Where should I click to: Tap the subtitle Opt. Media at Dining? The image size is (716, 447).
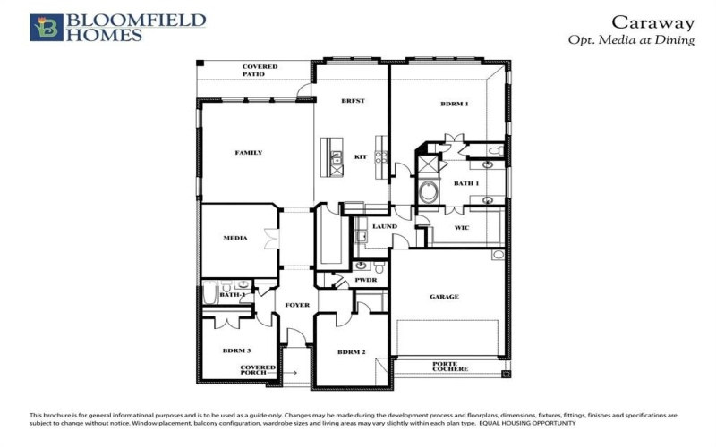coord(632,40)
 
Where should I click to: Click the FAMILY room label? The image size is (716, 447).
coord(249,153)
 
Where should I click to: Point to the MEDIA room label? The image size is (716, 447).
coord(235,239)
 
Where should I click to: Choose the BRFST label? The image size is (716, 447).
coord(352,103)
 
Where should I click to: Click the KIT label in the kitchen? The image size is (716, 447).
coord(361,156)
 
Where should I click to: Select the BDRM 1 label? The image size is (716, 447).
coord(455,105)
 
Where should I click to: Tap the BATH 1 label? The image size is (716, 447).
coord(466,183)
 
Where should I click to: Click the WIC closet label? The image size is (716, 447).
coord(462,228)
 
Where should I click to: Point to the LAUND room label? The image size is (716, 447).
coord(386,226)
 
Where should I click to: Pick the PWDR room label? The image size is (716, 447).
coord(365,280)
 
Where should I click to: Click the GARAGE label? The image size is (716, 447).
coord(444,297)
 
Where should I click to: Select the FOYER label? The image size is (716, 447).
coord(297,305)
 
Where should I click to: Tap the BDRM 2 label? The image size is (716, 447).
coord(352,352)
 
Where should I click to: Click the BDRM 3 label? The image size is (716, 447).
coord(237,350)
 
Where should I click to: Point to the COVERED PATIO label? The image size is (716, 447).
coord(260,71)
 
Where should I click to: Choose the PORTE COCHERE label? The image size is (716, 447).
coord(445,366)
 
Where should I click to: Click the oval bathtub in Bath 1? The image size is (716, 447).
coord(429,192)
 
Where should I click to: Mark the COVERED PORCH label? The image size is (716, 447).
coord(258,371)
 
